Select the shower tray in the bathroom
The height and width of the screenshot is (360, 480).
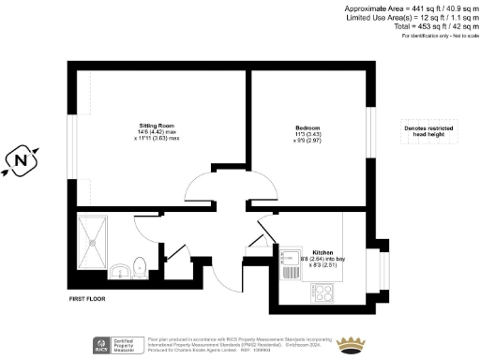[95, 239]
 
